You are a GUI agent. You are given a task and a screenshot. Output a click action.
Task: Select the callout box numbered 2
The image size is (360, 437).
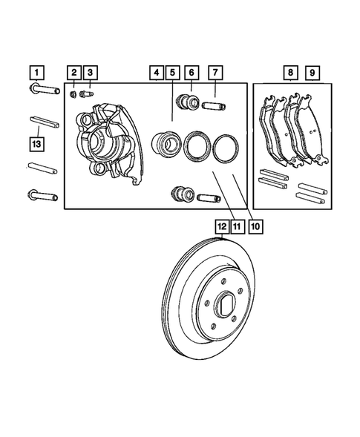[74, 73]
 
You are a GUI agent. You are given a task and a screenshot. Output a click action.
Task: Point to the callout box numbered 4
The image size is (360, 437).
[156, 73]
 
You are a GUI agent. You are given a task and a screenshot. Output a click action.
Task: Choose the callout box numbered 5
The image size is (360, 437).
[172, 73]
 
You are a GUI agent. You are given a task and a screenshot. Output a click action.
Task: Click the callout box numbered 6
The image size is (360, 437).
[192, 73]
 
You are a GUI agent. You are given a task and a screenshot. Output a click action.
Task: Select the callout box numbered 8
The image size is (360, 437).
[291, 73]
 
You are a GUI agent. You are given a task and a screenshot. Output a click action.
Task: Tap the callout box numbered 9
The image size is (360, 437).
[312, 73]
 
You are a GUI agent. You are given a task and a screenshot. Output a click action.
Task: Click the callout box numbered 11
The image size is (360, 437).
[237, 226]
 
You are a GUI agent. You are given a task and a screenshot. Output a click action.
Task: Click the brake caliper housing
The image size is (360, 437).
[104, 141]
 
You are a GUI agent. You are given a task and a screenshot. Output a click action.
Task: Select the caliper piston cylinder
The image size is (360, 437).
[165, 143]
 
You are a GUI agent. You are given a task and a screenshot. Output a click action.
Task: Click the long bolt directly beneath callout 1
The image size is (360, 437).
[45, 91]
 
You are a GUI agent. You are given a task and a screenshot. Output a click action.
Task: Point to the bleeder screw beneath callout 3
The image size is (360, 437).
[90, 93]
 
